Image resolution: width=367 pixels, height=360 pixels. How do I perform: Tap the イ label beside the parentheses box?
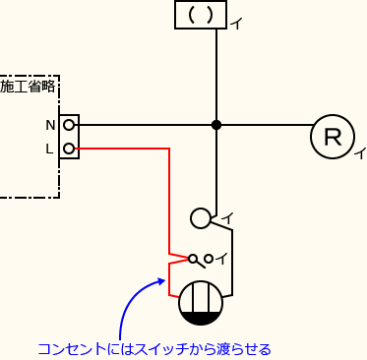point(236,24)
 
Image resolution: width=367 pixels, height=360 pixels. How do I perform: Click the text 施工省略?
point(28,88)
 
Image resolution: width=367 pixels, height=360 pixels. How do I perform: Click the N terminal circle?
point(70,125)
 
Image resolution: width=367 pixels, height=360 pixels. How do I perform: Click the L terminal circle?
point(70,150)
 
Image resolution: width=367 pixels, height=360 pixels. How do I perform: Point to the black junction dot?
point(215,125)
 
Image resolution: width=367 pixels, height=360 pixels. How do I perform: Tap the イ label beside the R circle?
point(360,152)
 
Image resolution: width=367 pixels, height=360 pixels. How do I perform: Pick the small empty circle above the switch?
point(200,218)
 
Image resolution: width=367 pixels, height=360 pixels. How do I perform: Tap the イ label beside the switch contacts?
point(221,259)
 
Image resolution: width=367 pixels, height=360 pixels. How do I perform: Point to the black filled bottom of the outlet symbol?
point(201,318)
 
